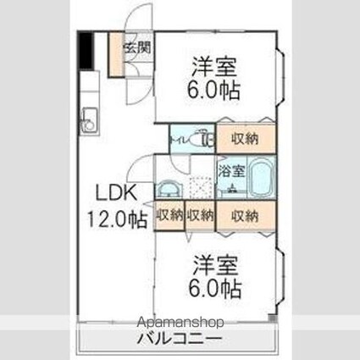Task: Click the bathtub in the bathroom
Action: tap(259, 178)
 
